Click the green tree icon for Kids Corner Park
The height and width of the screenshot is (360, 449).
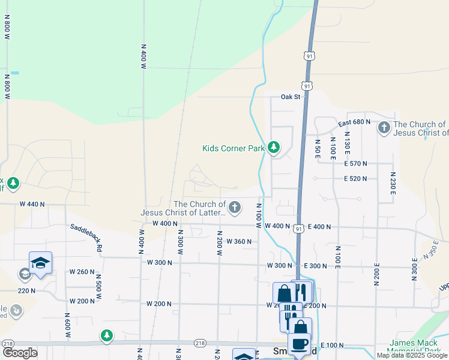tap(274, 147)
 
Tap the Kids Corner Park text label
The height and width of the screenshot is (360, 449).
tap(234, 148)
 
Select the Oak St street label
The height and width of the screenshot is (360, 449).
tap(290, 97)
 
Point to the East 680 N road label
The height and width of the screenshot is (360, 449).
tap(354, 122)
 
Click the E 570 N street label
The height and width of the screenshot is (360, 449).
tap(355, 163)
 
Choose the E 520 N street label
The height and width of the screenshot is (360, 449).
tap(355, 179)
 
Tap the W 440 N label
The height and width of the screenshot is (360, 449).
tap(32, 204)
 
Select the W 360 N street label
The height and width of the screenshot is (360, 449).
tap(238, 242)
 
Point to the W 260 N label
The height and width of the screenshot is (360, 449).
tap(82, 272)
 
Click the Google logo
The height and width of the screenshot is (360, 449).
tap(20, 352)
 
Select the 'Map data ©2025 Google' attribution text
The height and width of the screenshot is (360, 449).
tap(412, 355)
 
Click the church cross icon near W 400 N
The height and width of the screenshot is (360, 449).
tap(235, 208)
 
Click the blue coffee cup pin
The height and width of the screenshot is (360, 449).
tap(300, 344)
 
